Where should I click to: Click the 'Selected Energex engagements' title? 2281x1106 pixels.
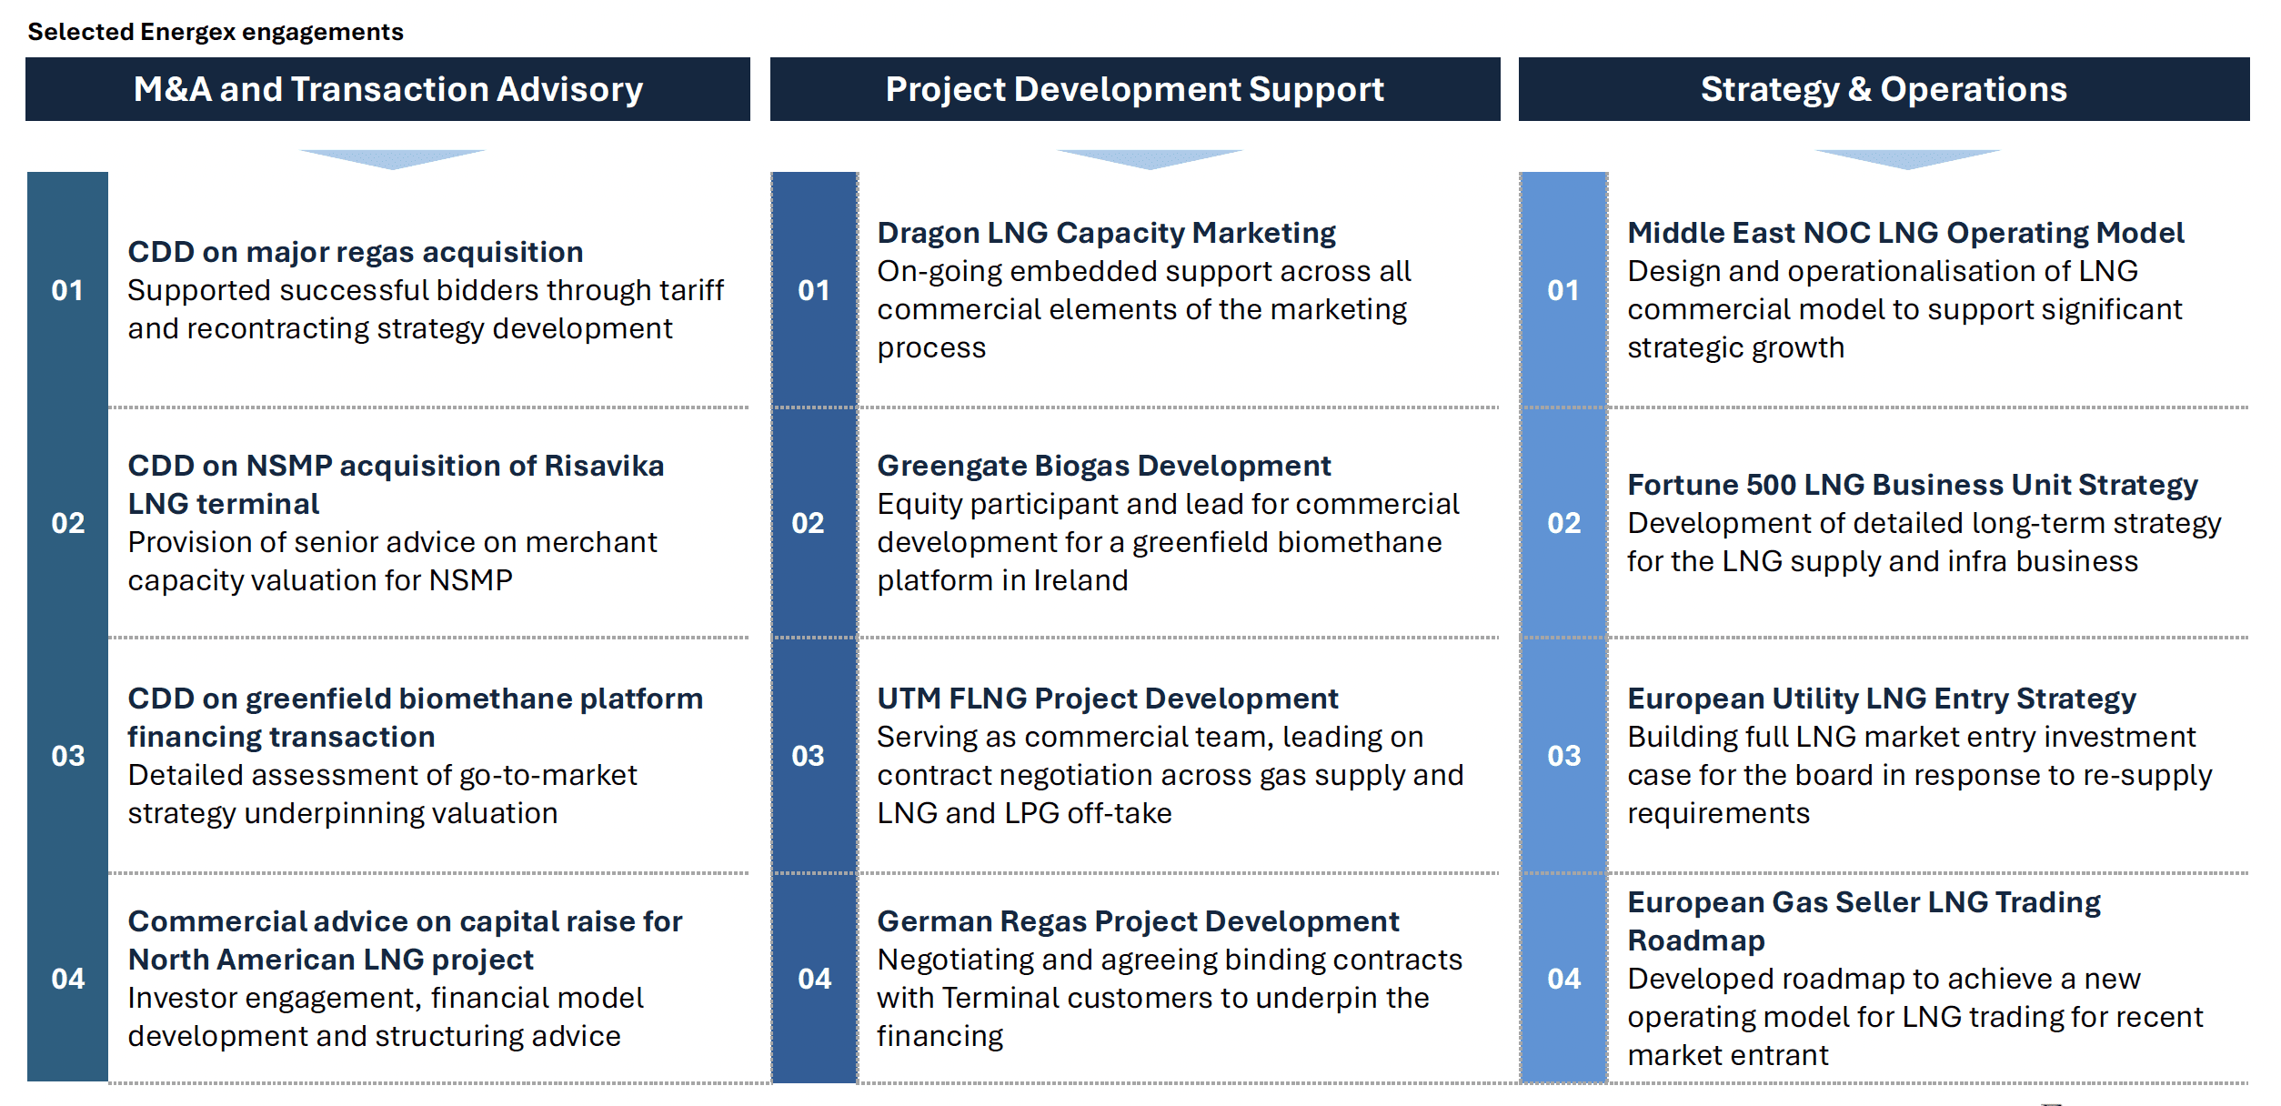click(216, 32)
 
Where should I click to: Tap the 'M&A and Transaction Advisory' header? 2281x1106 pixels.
click(388, 89)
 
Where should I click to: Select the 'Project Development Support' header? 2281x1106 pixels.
click(1135, 89)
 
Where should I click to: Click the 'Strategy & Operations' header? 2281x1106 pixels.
click(1884, 89)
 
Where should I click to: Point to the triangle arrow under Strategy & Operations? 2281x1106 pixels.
click(1907, 157)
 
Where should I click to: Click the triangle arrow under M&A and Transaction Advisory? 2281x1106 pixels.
click(393, 157)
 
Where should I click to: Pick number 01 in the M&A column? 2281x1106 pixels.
click(67, 290)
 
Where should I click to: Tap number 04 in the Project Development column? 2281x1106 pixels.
click(815, 979)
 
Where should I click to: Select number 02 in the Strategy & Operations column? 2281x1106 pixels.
click(1564, 523)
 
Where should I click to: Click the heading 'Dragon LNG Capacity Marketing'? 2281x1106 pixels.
click(1107, 233)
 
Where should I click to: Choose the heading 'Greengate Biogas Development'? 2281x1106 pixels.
click(1104, 466)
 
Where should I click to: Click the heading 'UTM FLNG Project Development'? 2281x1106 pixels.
click(1108, 699)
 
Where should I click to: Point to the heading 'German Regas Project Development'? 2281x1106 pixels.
click(1138, 921)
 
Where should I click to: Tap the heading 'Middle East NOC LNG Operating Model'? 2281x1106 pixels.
click(1905, 233)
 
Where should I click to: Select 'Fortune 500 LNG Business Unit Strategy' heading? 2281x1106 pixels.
click(1913, 485)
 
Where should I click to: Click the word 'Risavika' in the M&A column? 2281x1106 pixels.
click(604, 466)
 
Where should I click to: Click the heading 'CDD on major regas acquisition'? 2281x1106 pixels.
click(356, 252)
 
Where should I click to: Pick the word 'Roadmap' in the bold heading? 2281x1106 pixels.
click(1696, 940)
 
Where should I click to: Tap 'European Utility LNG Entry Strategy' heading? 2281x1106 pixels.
click(1882, 699)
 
